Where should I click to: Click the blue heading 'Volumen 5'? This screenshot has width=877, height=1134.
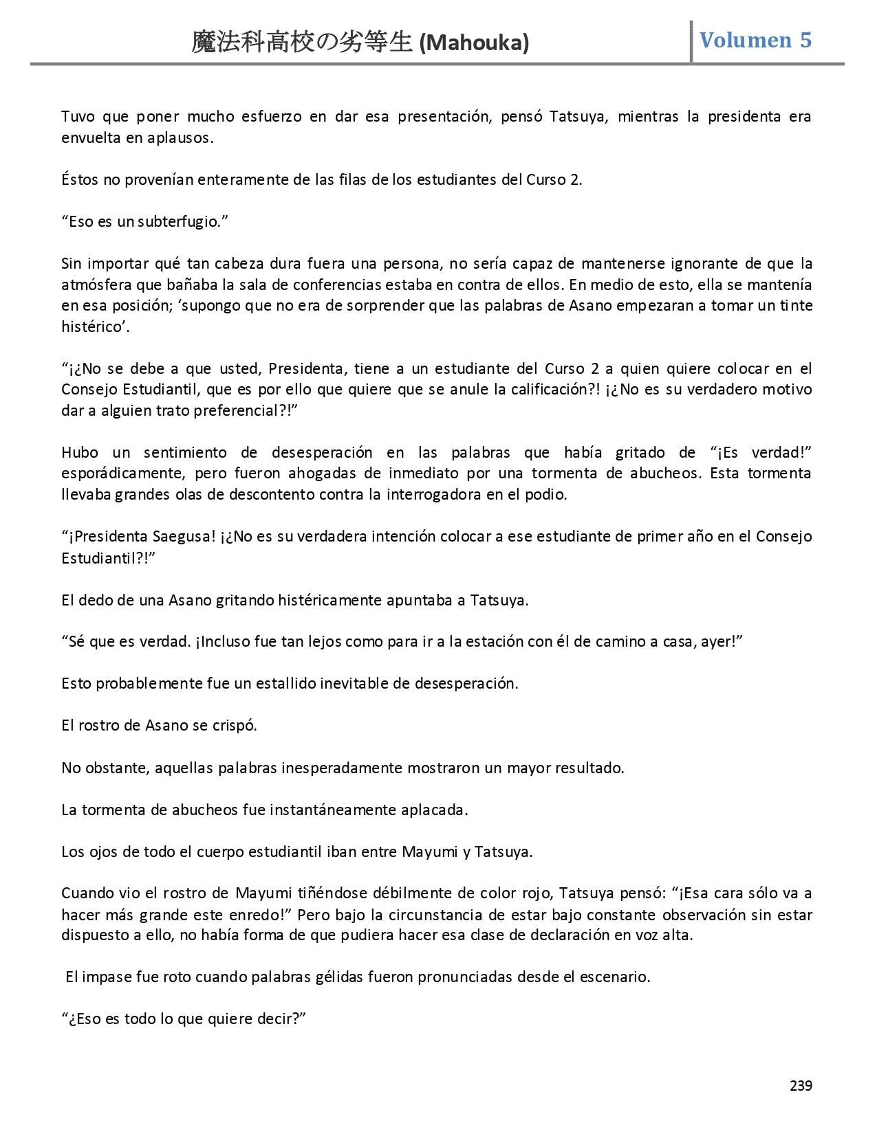pyautogui.click(x=755, y=40)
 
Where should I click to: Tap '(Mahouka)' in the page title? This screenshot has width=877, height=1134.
pyautogui.click(x=474, y=44)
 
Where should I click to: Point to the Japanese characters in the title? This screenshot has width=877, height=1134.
pyautogui.click(x=303, y=44)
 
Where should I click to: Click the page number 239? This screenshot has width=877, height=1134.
pyautogui.click(x=801, y=1086)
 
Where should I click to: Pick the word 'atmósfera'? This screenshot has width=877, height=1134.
pyautogui.click(x=91, y=285)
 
